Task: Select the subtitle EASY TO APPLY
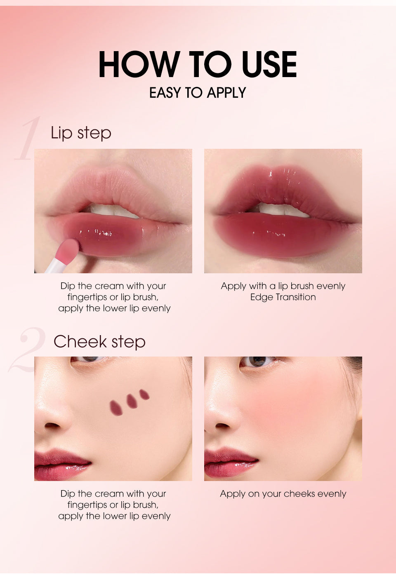coord(198,93)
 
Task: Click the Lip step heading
coord(81,133)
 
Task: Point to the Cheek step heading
coord(99,342)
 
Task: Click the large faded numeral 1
coord(28,139)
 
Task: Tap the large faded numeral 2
coord(27,350)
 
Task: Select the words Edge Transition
coord(283,297)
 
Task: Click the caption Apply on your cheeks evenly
coord(283,494)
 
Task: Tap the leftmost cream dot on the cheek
coord(116,408)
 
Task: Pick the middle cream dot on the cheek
coord(132,401)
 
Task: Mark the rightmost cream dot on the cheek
coord(144,394)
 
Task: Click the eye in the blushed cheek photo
coord(257,361)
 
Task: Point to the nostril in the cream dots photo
coord(53,425)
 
